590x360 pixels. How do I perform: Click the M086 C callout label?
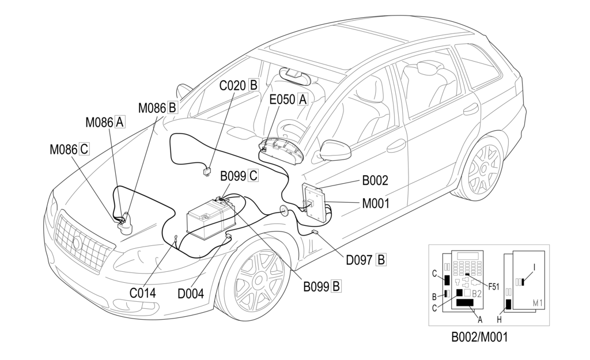click(70, 149)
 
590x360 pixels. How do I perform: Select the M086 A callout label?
click(105, 122)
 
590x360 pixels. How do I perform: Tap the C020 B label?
click(239, 85)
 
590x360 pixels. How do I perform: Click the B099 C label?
click(239, 176)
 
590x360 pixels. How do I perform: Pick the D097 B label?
click(366, 260)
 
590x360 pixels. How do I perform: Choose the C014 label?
click(143, 293)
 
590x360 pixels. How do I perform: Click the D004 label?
click(191, 293)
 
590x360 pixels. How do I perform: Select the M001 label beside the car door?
click(376, 203)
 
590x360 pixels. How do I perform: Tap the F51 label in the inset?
click(493, 287)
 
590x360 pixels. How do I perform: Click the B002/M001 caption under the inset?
click(479, 336)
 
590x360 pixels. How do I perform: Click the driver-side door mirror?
click(335, 150)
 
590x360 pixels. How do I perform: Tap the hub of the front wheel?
click(259, 279)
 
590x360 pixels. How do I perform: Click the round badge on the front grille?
click(77, 243)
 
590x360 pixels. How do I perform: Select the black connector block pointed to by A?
click(465, 303)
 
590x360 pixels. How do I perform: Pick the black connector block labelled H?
click(509, 304)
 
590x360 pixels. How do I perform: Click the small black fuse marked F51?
click(467, 275)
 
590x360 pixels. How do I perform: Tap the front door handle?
click(396, 146)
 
